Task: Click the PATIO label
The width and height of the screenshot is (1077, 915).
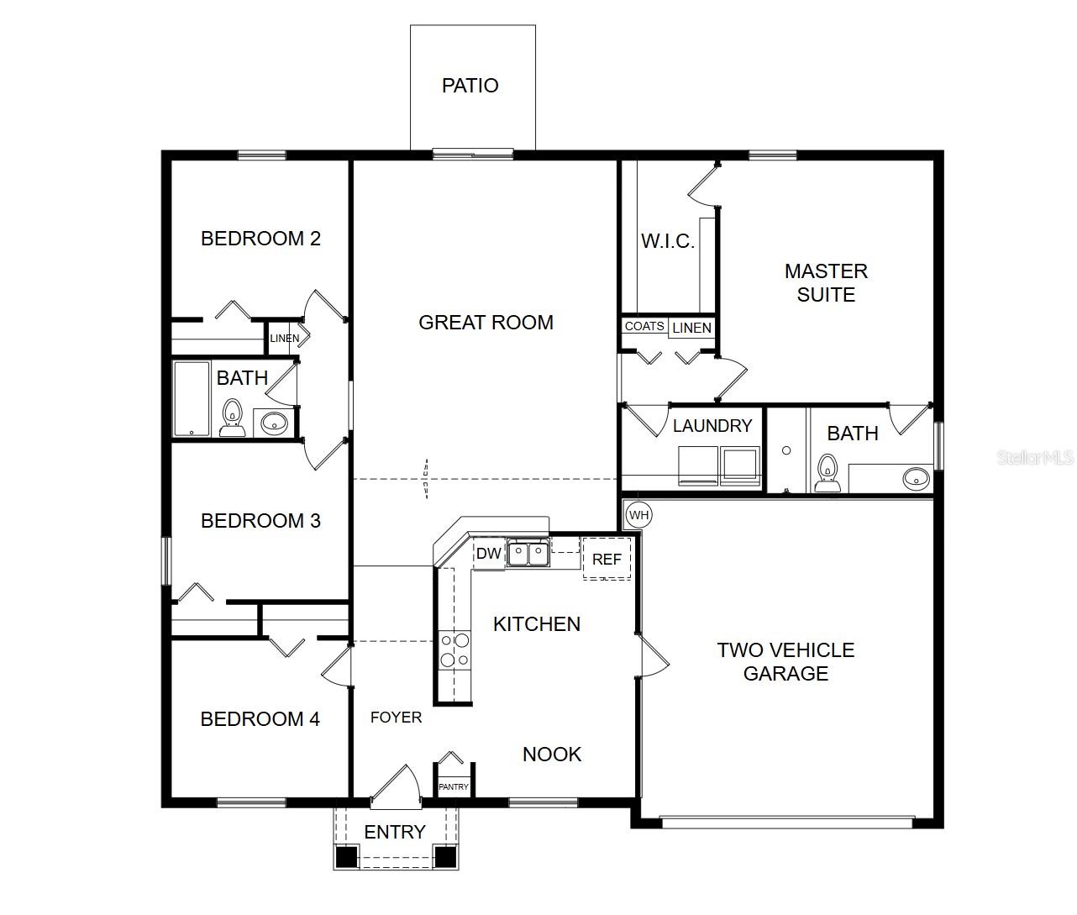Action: tap(470, 86)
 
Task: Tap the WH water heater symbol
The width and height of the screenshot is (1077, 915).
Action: tap(639, 515)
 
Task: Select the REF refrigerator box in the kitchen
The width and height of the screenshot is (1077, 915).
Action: tap(607, 560)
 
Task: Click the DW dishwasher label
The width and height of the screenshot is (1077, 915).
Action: tap(488, 554)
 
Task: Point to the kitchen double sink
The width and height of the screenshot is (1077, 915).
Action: tap(528, 554)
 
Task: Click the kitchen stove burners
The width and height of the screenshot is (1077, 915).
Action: tap(454, 650)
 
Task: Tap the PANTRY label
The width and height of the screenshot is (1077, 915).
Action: tap(454, 787)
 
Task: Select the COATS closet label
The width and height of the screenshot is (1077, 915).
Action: tap(644, 326)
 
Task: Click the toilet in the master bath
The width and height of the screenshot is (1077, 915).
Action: tap(827, 474)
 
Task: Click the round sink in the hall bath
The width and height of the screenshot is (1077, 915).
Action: tap(274, 423)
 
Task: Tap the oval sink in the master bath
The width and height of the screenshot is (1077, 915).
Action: tap(916, 479)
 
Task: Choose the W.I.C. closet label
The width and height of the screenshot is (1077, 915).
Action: tap(668, 242)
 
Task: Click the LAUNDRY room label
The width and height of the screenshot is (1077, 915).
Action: tap(712, 426)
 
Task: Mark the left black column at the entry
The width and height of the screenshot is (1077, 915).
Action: tap(346, 857)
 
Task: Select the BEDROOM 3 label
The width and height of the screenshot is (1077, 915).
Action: tap(260, 521)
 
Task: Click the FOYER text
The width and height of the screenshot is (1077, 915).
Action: tap(397, 718)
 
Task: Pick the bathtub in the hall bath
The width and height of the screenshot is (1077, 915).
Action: tap(192, 399)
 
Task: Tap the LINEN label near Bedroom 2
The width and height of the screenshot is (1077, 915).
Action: tap(284, 339)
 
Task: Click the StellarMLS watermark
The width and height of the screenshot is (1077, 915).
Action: tap(1035, 458)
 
